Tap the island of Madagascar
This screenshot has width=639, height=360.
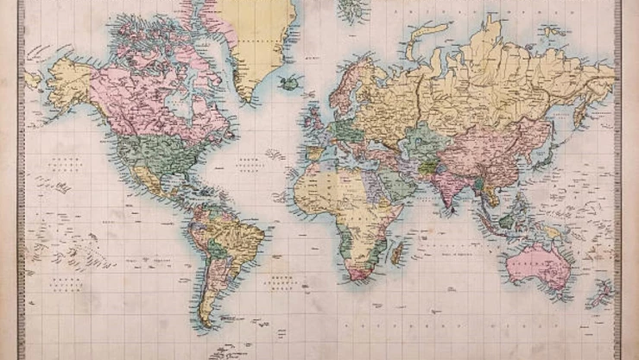397,252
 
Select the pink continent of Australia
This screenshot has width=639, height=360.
537,263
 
